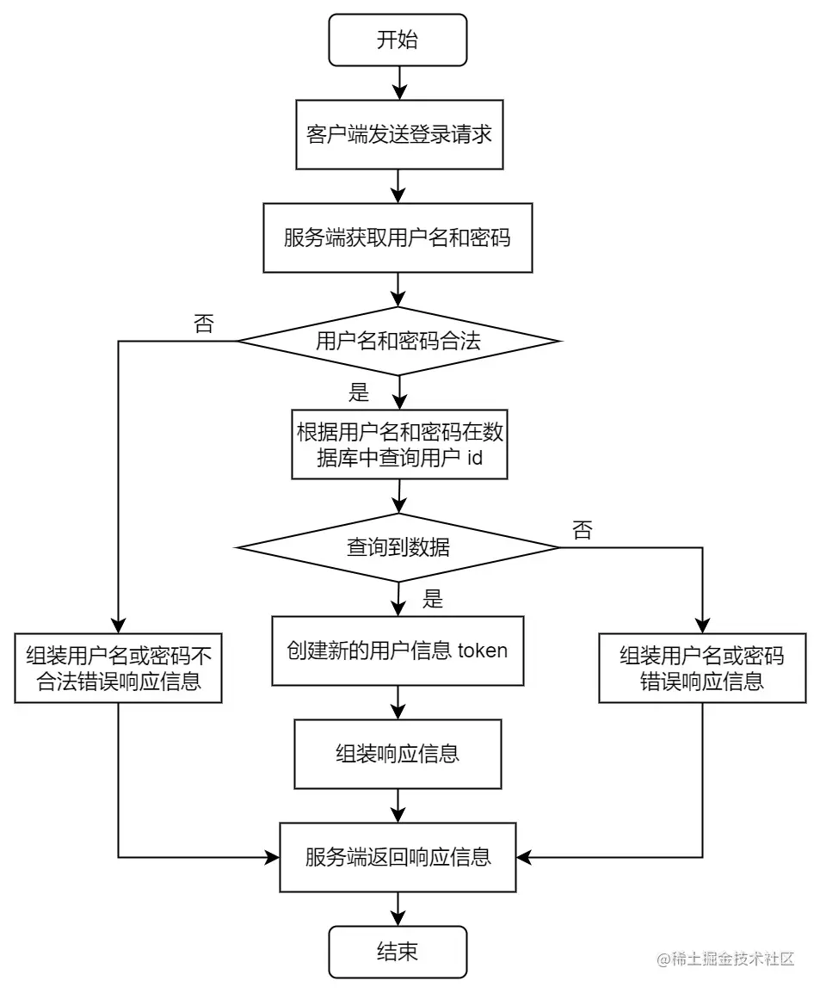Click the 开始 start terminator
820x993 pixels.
[x=398, y=40]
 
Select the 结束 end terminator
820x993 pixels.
[x=398, y=952]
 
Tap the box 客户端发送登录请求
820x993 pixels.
[x=398, y=135]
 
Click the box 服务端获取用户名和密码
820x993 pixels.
[x=398, y=237]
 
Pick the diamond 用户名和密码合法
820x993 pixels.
[x=398, y=342]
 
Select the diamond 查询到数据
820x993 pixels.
[x=398, y=547]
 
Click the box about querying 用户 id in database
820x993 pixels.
[x=398, y=444]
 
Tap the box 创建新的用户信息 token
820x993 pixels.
[x=398, y=651]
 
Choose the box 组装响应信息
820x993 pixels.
[x=398, y=754]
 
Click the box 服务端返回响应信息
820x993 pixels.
[x=398, y=857]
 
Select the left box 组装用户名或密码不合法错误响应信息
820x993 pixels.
[x=118, y=669]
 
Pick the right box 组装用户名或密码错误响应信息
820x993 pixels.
[x=702, y=669]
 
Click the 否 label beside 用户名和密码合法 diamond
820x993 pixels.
[x=203, y=324]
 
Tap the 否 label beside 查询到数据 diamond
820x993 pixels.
[x=582, y=531]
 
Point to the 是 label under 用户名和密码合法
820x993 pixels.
[x=358, y=394]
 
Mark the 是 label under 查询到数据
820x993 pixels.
[x=433, y=600]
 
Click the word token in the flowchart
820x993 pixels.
[x=483, y=651]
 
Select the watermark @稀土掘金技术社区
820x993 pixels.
[x=724, y=959]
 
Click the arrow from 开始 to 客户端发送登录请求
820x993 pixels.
[x=398, y=83]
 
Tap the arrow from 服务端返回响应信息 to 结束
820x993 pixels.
[x=398, y=909]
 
